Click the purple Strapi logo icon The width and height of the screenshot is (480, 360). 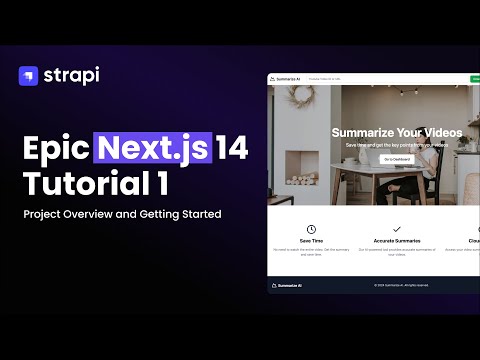coord(29,75)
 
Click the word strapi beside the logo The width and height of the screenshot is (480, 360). coord(72,75)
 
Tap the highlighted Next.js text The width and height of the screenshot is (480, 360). coord(154,148)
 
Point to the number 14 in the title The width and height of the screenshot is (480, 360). coord(232,148)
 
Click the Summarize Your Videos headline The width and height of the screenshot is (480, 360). coord(395,133)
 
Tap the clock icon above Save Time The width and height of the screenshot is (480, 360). coord(311,230)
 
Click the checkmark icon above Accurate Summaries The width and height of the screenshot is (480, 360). coord(396,230)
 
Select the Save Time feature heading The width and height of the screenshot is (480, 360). coord(311,242)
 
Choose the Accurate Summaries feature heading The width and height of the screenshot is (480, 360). coord(396,242)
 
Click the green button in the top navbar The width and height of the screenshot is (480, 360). coord(475,78)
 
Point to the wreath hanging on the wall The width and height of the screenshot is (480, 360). coord(305,98)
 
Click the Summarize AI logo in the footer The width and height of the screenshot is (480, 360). coord(288,286)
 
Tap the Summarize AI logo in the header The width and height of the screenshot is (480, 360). coord(288,78)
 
